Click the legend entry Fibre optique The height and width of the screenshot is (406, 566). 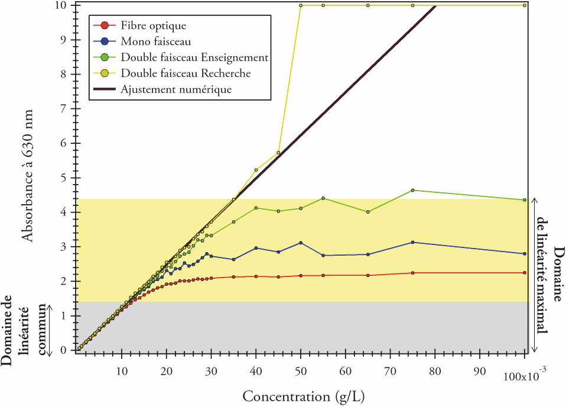(152, 25)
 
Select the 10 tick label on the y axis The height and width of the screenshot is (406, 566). (61, 5)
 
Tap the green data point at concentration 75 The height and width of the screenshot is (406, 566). (412, 190)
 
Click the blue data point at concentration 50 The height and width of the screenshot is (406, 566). (301, 243)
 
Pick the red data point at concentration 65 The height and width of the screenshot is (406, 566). (368, 275)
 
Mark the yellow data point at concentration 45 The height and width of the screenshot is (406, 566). (278, 153)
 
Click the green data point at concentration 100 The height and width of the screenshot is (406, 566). (525, 200)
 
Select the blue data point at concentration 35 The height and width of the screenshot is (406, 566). (234, 259)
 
